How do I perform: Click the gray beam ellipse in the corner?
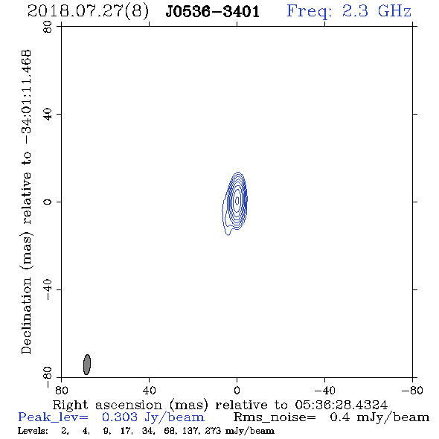point(87,365)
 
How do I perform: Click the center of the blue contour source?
point(237,201)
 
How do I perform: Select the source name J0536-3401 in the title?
point(213,11)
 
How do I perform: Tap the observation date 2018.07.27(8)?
point(88,11)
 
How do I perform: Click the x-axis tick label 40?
point(149,390)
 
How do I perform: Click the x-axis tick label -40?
point(324,390)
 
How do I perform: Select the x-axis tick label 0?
point(237,390)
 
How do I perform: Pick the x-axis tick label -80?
point(412,390)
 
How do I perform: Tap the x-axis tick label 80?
point(61,390)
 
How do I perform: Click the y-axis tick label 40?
point(48,115)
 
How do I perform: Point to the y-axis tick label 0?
point(48,202)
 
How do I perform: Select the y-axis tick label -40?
point(48,289)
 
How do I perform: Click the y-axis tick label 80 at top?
point(48,27)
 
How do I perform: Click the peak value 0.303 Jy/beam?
point(153,417)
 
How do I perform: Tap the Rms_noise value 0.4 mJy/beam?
point(379,417)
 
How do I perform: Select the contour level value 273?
point(213,431)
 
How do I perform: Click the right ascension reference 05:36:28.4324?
point(341,405)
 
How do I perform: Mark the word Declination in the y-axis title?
point(26,315)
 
